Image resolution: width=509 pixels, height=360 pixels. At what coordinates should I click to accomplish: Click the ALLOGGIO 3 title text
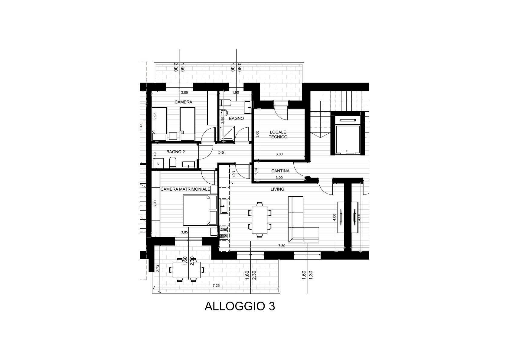(x=240, y=306)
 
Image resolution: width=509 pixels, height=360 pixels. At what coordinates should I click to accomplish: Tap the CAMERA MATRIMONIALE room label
(x=185, y=189)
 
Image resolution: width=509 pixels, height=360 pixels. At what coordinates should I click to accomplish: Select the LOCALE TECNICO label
(x=278, y=134)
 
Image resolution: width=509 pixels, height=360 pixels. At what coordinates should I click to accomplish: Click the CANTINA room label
(x=280, y=171)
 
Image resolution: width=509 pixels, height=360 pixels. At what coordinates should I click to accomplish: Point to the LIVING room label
(x=277, y=189)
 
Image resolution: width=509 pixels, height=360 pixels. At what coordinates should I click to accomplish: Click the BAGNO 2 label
(x=175, y=152)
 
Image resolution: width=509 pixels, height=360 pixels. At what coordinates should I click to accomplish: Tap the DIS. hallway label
(x=221, y=153)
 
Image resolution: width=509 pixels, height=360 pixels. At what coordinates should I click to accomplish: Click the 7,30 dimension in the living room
(x=281, y=246)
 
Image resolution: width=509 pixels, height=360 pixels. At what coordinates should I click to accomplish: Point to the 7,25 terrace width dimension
(x=216, y=286)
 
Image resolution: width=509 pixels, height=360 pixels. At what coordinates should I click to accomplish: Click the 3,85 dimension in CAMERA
(x=184, y=92)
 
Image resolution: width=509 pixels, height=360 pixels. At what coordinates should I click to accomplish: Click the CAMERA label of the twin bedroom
(x=183, y=102)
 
